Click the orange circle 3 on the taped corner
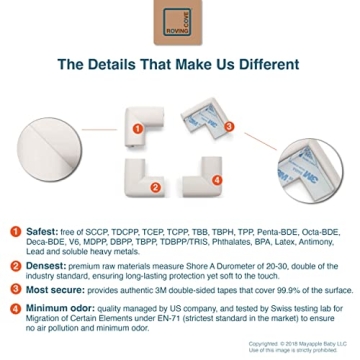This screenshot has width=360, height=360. click(x=228, y=126)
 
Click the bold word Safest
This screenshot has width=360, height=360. click(x=39, y=231)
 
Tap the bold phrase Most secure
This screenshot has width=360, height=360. click(x=49, y=290)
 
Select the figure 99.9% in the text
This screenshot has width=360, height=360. click(x=273, y=290)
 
